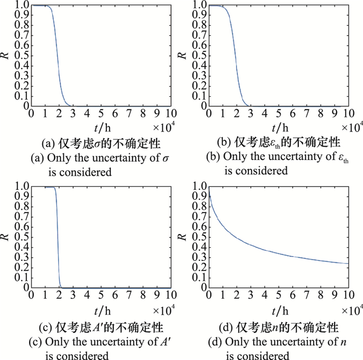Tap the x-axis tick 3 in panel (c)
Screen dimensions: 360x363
pyautogui.click(x=74, y=295)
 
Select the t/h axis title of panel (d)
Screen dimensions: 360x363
pyautogui.click(x=278, y=308)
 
